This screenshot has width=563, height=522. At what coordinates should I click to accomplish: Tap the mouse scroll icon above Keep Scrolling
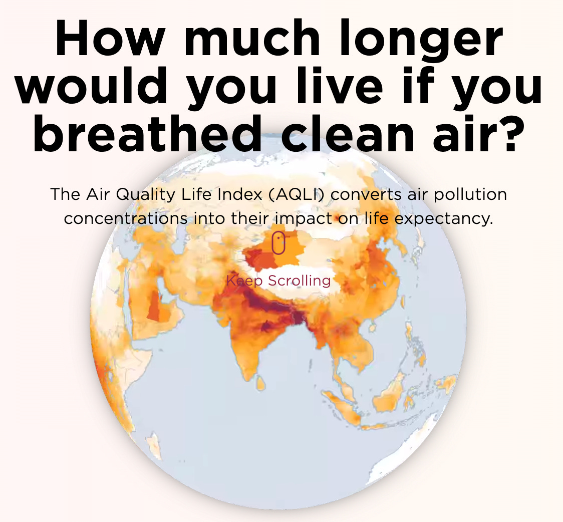[x=278, y=243]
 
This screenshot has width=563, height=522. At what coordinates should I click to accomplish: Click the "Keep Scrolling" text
[x=278, y=281]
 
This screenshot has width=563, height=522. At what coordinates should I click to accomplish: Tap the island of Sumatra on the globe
[x=346, y=401]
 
